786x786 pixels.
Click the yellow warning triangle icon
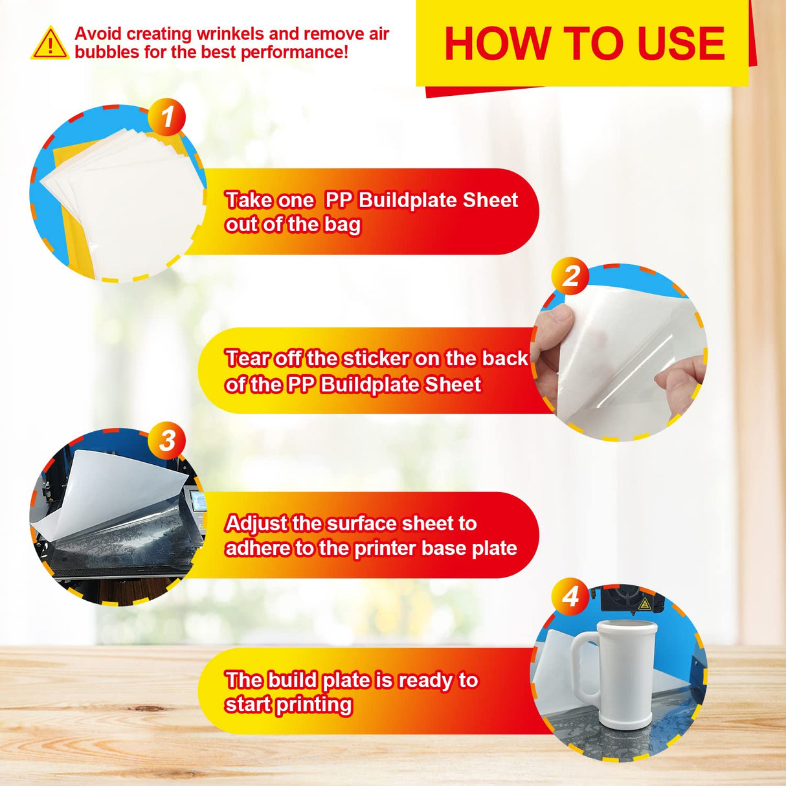pyautogui.click(x=50, y=43)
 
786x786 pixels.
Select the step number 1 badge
pyautogui.click(x=167, y=117)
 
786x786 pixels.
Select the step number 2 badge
pyautogui.click(x=570, y=276)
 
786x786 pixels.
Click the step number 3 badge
pyautogui.click(x=167, y=441)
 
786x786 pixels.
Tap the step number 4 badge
pyautogui.click(x=570, y=596)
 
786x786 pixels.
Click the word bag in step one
pyautogui.click(x=343, y=225)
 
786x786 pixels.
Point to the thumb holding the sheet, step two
pyautogui.click(x=556, y=324)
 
